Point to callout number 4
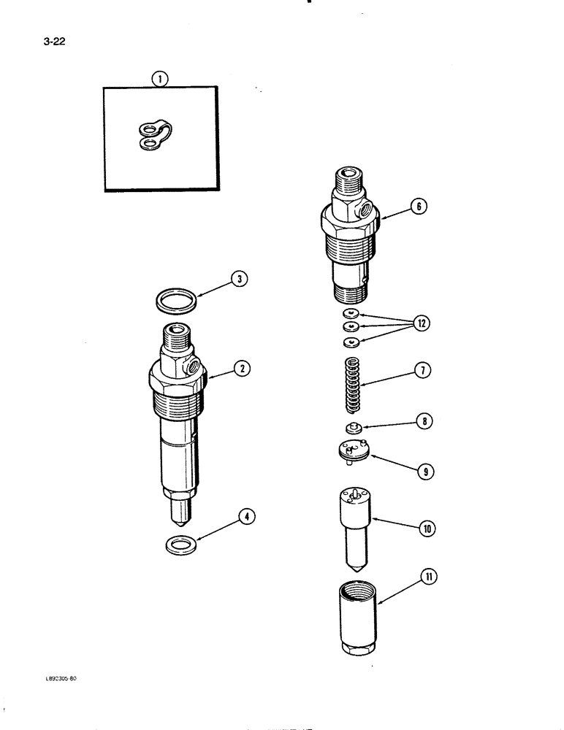(x=248, y=518)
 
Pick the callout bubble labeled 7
(x=421, y=371)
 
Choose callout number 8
(x=422, y=421)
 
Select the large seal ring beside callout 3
(x=178, y=301)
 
